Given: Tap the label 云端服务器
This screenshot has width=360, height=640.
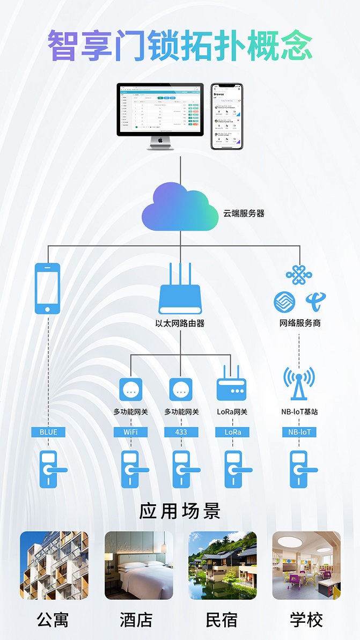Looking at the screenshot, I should tap(244, 214).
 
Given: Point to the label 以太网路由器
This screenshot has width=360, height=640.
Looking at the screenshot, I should tap(180, 323).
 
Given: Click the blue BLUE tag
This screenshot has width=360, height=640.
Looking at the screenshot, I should tap(48, 432).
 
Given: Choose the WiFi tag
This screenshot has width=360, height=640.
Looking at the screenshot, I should tap(130, 432).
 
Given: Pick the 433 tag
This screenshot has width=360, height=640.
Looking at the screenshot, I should tap(181, 432).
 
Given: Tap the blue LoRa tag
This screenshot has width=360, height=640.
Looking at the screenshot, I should tap(232, 432).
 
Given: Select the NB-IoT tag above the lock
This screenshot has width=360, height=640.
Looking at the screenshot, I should tap(299, 432).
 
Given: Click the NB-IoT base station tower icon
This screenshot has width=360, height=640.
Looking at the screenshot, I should tap(299, 382).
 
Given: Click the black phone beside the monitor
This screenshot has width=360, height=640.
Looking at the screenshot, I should tap(226, 116).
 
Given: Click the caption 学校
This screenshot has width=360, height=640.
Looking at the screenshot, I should tap(306, 621).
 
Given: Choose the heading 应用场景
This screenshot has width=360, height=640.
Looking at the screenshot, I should tap(180, 511).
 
